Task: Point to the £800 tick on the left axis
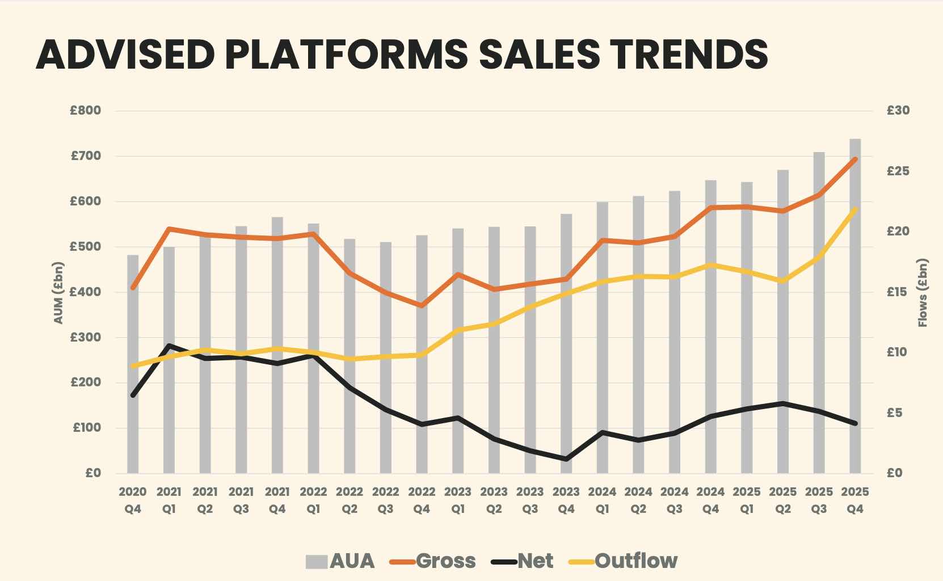tap(86, 111)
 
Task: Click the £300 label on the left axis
tap(86, 337)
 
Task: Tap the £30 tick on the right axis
tap(898, 111)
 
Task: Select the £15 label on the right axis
tap(898, 292)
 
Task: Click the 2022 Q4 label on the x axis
tap(422, 500)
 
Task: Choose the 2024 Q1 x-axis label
tap(602, 500)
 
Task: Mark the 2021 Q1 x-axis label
tap(169, 500)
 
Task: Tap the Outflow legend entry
tap(624, 561)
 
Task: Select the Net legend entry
tap(523, 561)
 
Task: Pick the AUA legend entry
tap(340, 561)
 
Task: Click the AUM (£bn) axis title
tap(58, 293)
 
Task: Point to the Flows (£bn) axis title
tap(923, 293)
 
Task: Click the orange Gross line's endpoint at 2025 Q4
tap(854, 159)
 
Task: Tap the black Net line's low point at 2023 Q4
tap(566, 459)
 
